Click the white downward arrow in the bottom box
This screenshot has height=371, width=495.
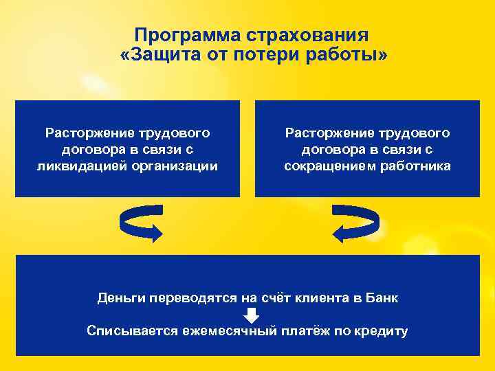click(252, 315)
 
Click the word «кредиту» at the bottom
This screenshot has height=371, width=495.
click(381, 331)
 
